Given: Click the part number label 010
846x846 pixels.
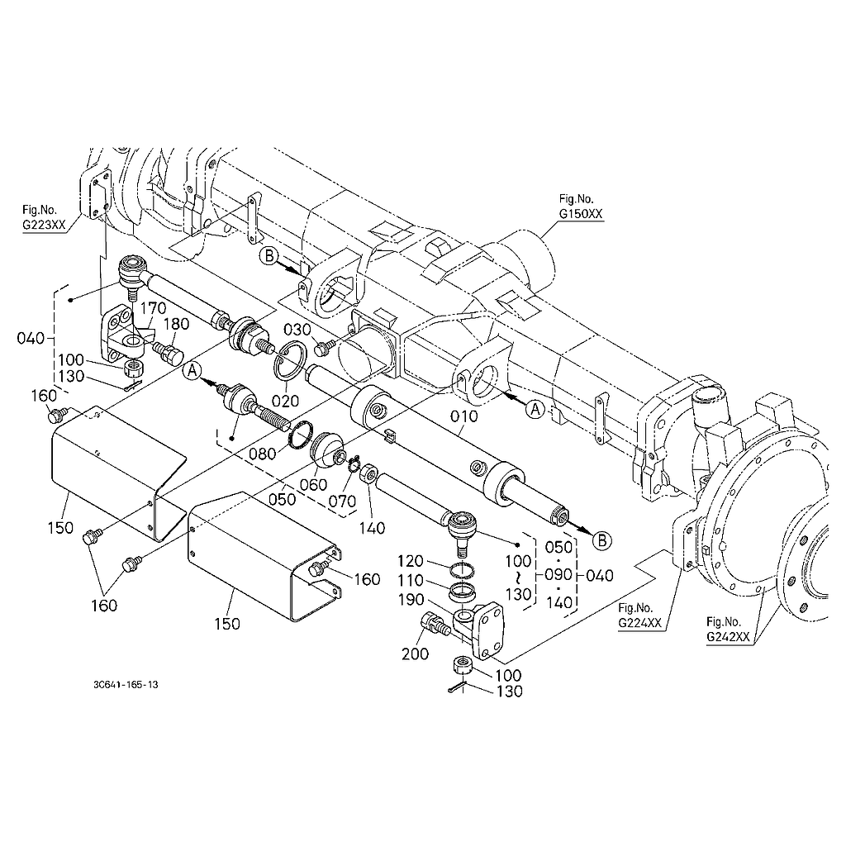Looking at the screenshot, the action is click(x=464, y=416).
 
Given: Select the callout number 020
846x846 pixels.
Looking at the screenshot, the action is click(x=285, y=401).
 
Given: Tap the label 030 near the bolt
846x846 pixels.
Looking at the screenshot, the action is click(x=297, y=330).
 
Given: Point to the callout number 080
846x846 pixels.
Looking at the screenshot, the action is click(x=262, y=454).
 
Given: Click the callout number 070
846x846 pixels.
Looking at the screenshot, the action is click(x=343, y=501).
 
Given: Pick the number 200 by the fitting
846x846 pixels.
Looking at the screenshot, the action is click(x=415, y=654).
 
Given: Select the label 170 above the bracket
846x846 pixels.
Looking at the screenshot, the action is click(x=153, y=308).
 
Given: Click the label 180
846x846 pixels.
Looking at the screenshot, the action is click(x=176, y=324).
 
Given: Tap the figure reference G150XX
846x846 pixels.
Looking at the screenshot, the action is click(x=581, y=214).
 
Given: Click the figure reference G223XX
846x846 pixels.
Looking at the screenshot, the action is click(x=44, y=225).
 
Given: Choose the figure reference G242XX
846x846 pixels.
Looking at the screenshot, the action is click(x=729, y=637).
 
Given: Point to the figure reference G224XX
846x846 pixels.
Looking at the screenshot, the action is click(x=640, y=623).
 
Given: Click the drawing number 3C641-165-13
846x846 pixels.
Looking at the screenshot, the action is click(x=126, y=685).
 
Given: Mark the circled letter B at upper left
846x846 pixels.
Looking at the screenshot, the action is click(x=269, y=255).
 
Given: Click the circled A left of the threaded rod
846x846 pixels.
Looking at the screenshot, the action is click(x=192, y=371).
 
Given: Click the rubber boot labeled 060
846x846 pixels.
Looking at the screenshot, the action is click(x=327, y=449).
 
